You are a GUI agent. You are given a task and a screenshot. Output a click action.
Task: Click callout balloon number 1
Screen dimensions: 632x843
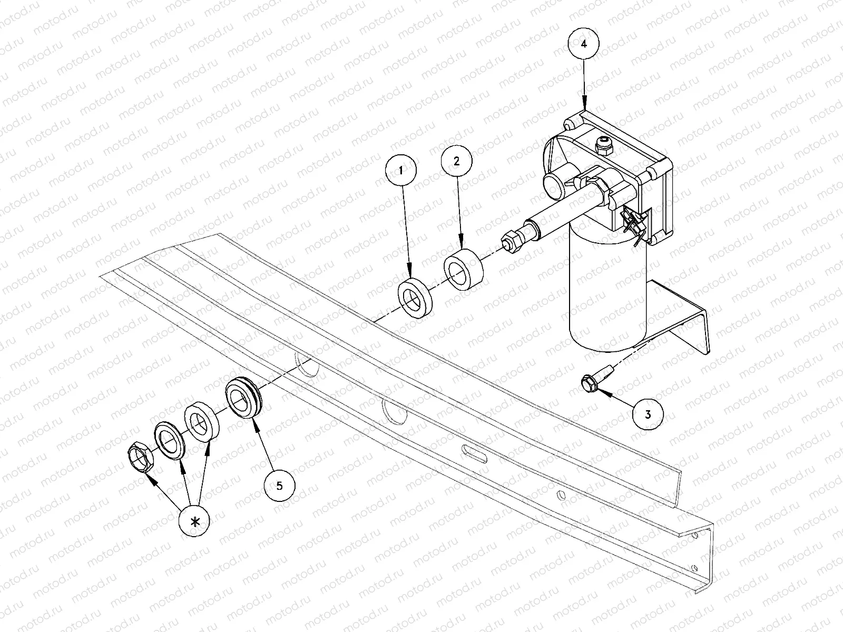(x=400, y=170)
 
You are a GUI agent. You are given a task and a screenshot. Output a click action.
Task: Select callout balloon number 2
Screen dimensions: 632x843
(x=457, y=161)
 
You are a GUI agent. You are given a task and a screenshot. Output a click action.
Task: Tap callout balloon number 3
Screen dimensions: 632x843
(x=648, y=414)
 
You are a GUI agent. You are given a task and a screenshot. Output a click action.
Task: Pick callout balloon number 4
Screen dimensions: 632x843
(x=583, y=44)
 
